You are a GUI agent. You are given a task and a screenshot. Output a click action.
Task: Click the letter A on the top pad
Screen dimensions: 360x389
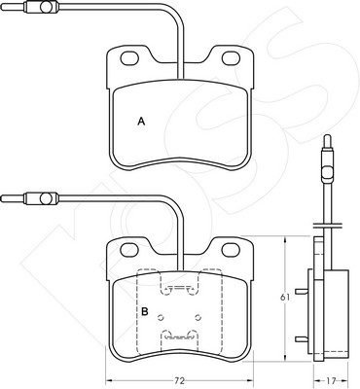[141, 122]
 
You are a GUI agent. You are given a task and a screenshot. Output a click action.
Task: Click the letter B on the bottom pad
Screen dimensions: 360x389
[145, 312]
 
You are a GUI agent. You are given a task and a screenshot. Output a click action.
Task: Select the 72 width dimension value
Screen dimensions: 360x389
[180, 380]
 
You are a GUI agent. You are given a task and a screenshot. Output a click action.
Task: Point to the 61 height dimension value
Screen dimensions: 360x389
[285, 298]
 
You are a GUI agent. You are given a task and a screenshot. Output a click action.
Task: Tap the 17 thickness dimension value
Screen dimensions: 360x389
[331, 380]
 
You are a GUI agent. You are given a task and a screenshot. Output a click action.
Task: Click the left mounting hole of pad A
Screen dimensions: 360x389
[129, 58]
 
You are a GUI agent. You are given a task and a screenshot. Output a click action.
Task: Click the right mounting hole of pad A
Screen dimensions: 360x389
[231, 58]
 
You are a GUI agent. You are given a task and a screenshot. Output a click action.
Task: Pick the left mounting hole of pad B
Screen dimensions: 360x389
[129, 250]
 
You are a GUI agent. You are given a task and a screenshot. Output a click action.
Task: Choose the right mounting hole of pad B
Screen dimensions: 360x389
[231, 250]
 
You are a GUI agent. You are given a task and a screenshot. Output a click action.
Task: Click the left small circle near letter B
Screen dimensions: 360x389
[161, 317]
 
